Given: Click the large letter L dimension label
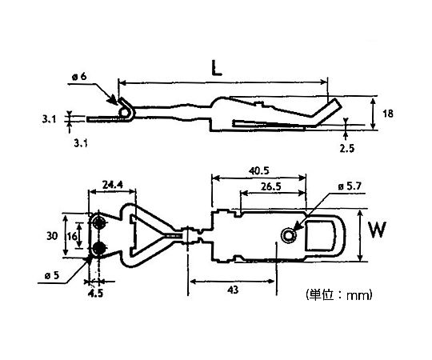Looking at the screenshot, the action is point(216,68).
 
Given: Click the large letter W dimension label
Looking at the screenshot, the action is point(377,230).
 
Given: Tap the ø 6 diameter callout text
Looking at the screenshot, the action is point(79,76).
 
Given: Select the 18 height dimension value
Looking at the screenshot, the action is point(388,114).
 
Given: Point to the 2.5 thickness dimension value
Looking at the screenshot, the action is point(346,149).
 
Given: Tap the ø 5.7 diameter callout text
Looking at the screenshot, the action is point(350,186).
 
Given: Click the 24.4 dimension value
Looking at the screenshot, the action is point(113,185).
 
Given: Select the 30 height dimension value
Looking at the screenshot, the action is point(52,236).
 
